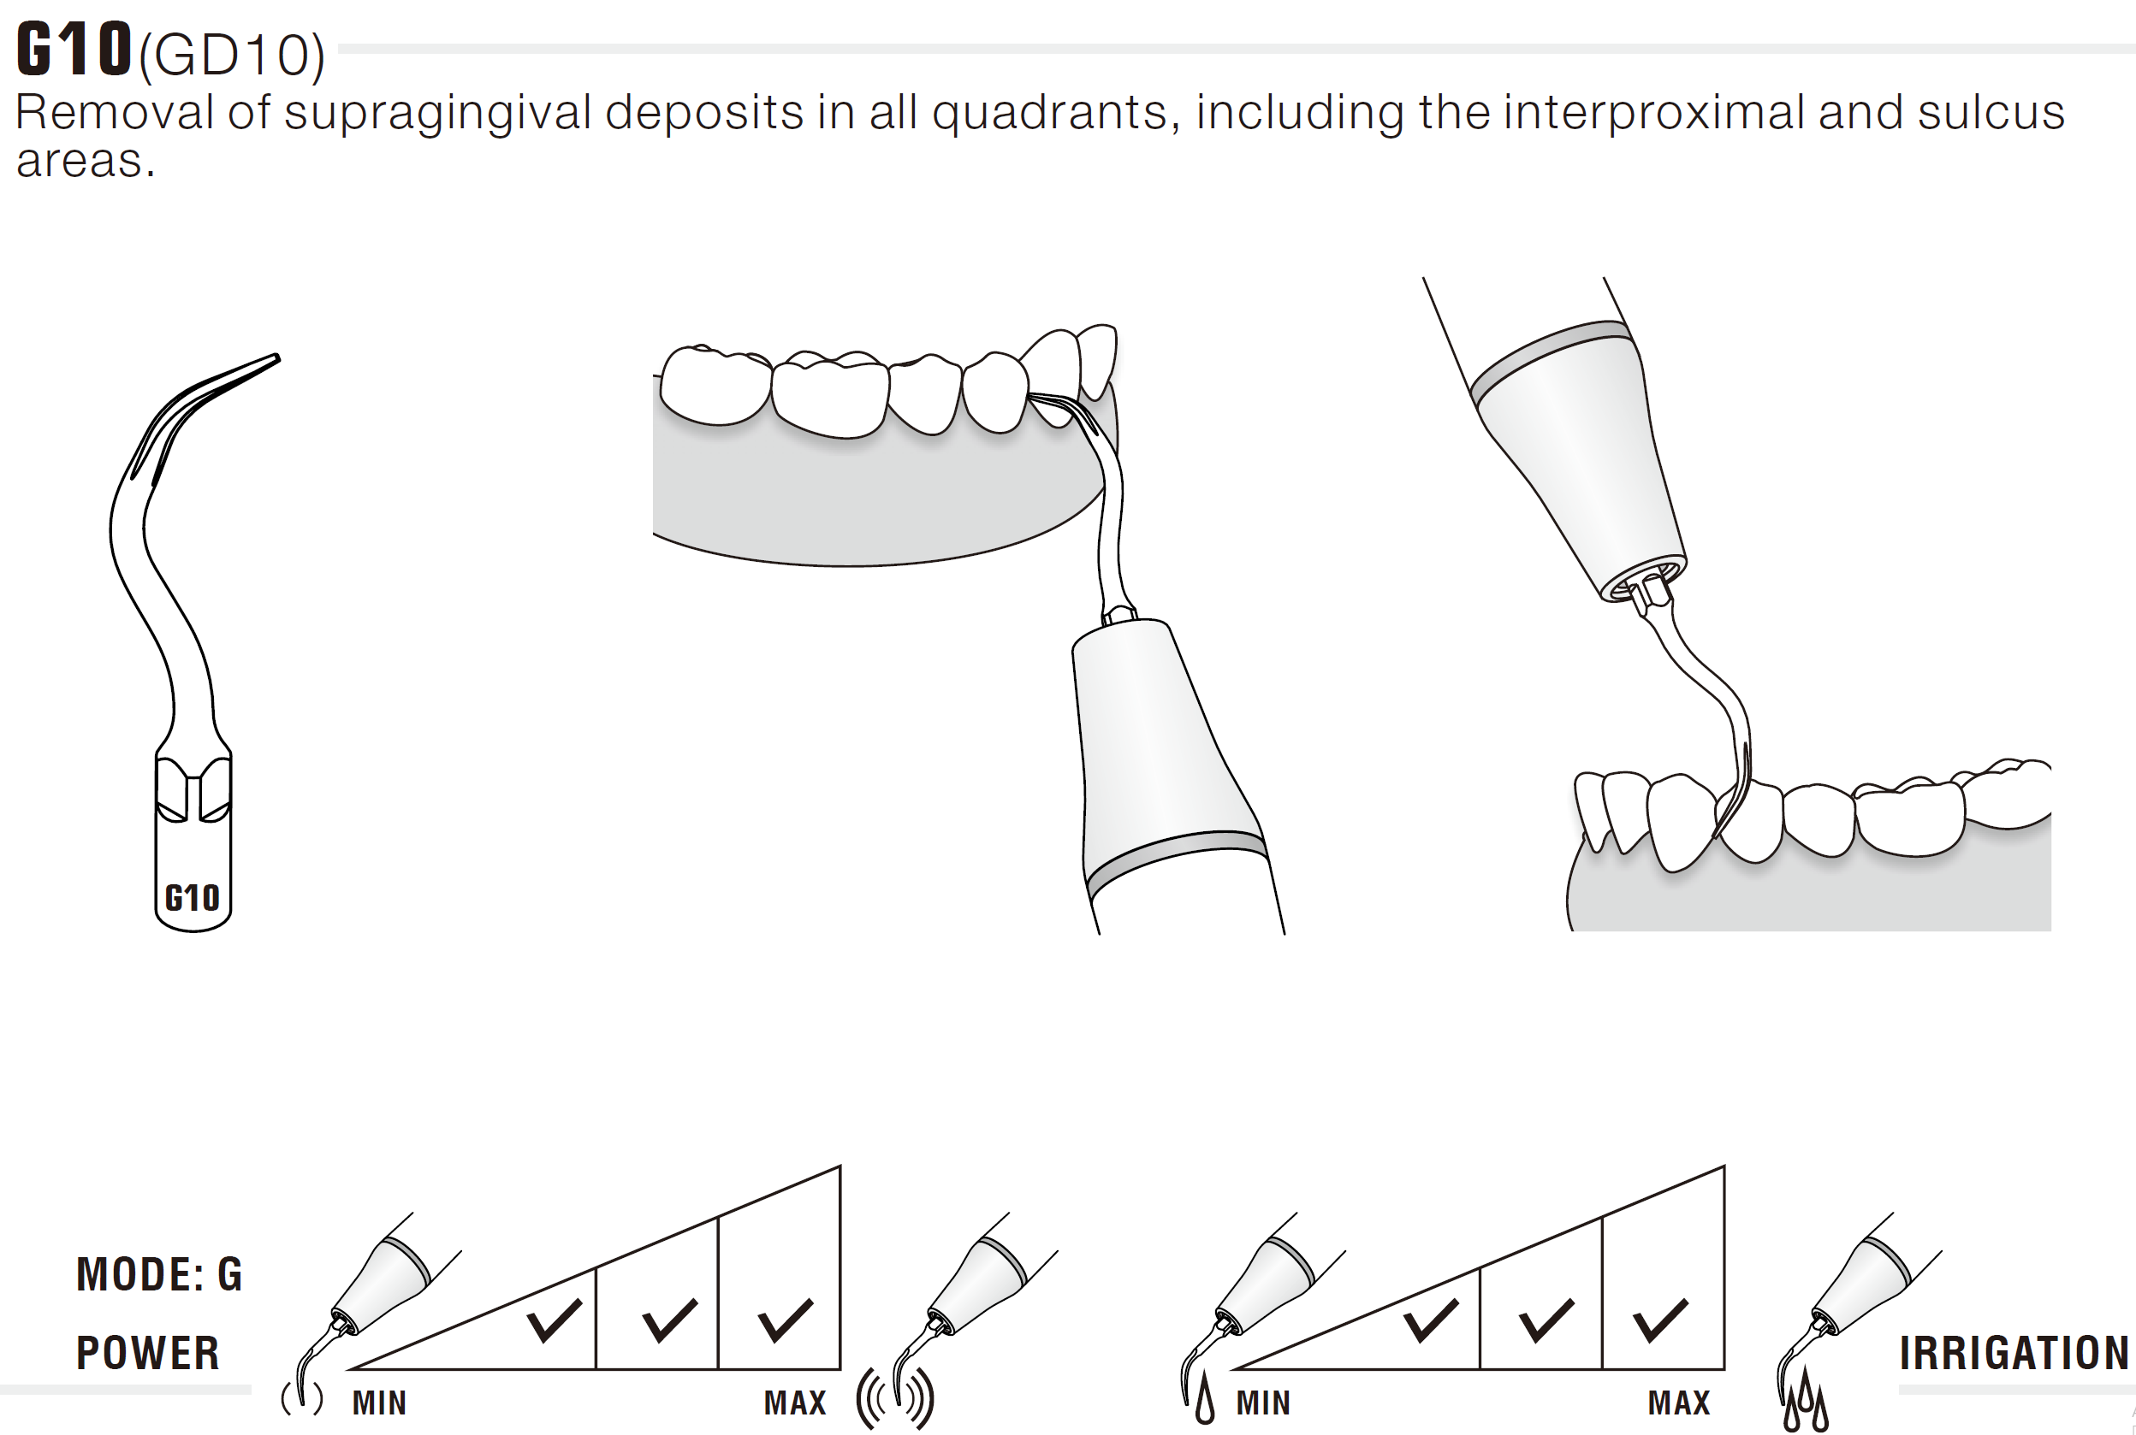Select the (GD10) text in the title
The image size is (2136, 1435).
[232, 56]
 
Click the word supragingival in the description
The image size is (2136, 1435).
[438, 115]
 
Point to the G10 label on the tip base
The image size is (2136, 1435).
[193, 898]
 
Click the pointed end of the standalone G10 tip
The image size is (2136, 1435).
[277, 357]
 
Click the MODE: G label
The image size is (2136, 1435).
[159, 1274]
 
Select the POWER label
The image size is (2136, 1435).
[148, 1353]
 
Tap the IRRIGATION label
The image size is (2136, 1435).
[2014, 1353]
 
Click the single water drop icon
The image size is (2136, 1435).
[1205, 1401]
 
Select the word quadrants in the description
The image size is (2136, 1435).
[1049, 115]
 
